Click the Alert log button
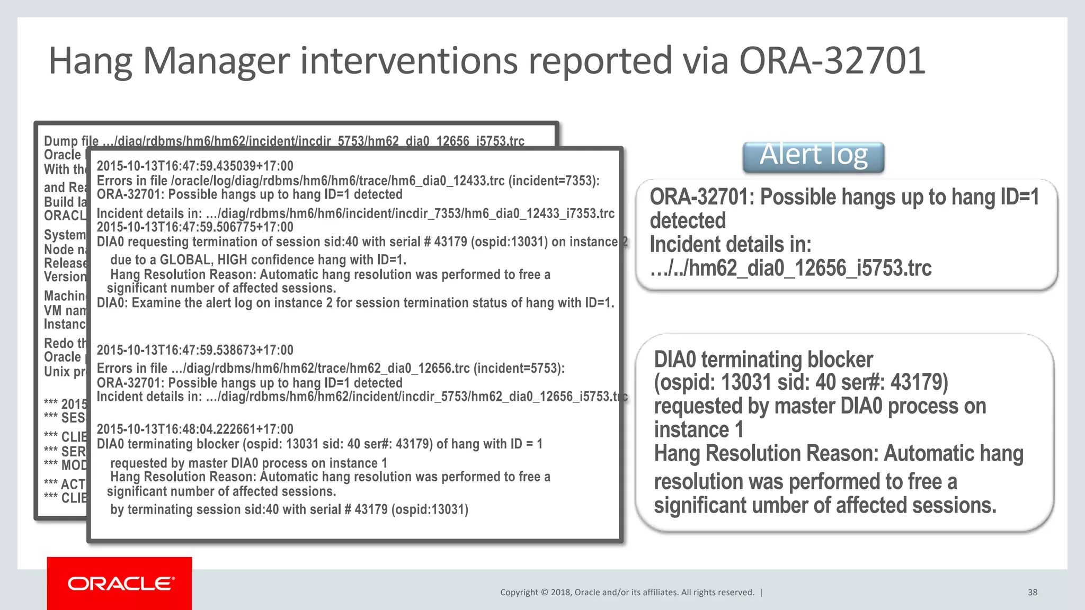point(813,157)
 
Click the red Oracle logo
point(120,584)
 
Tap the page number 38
point(1032,593)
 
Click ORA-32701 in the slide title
point(832,61)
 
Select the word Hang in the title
point(90,61)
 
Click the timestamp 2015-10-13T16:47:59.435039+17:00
point(195,166)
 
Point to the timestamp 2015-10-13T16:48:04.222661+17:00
point(195,429)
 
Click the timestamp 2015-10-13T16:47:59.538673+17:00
point(195,350)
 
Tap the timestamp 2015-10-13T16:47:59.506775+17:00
point(195,227)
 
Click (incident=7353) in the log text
point(554,181)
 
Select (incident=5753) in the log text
point(519,368)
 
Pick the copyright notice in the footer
point(627,593)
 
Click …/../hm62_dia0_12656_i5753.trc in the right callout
point(790,268)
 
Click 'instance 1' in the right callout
point(698,429)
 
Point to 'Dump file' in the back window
point(71,141)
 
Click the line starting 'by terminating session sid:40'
point(289,509)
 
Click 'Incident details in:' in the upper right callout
point(730,245)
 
